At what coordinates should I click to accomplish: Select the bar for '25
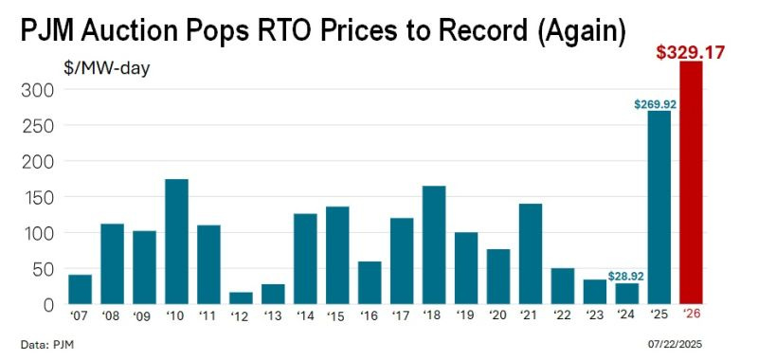pyautogui.click(x=659, y=208)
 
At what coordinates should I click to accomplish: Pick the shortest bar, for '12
pyautogui.click(x=241, y=298)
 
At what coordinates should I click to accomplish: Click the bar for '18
pyautogui.click(x=434, y=245)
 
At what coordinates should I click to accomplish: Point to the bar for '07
pyautogui.click(x=81, y=289)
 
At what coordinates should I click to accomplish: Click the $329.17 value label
pyautogui.click(x=691, y=51)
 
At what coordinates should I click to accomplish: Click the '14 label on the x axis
pyautogui.click(x=305, y=316)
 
